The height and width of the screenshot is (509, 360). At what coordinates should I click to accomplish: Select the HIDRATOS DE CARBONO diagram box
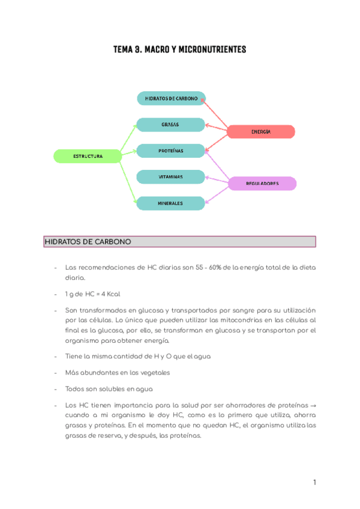tap(171, 98)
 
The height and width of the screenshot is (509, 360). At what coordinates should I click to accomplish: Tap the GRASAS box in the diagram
tap(170, 124)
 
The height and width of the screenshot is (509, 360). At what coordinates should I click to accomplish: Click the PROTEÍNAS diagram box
tap(170, 151)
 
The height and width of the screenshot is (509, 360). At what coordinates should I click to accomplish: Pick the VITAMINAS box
tap(170, 177)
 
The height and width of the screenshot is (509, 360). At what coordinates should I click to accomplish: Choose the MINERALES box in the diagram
tap(170, 203)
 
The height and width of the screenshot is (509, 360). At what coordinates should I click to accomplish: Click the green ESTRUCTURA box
tap(88, 156)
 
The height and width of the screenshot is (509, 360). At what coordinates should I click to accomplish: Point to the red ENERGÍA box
tap(261, 131)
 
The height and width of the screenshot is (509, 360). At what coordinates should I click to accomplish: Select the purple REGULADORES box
tap(262, 184)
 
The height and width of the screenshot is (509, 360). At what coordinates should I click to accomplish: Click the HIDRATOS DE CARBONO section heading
tap(88, 242)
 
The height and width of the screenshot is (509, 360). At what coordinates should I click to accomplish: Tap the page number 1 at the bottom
tap(314, 482)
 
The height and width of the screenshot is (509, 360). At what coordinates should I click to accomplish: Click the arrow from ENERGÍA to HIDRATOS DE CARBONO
tap(216, 114)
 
